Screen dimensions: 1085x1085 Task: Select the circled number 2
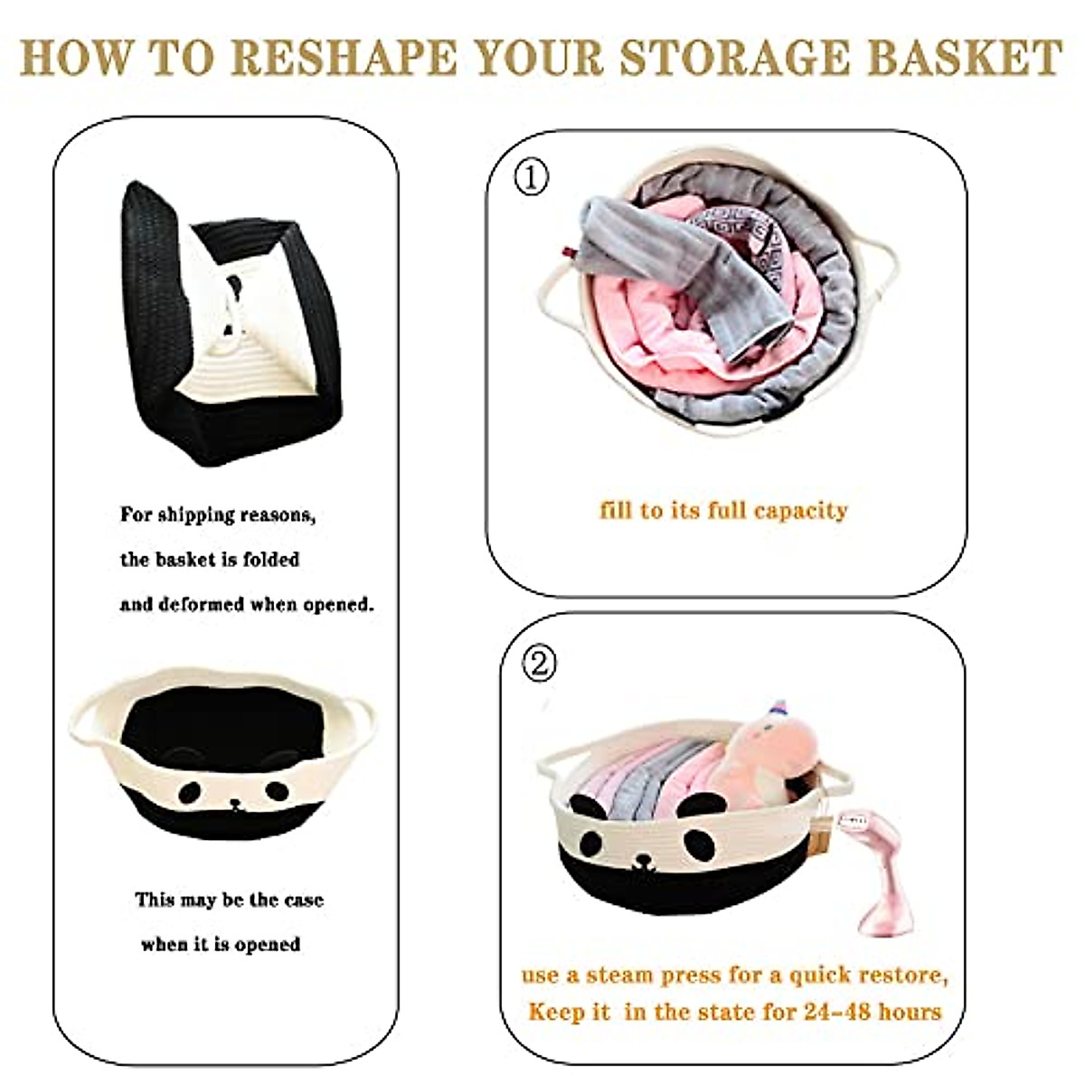coord(540,665)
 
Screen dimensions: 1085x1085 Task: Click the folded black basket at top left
coord(226,325)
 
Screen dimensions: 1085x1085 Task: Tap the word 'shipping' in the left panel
coord(196,515)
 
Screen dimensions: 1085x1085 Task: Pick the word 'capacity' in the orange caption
coord(800,511)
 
